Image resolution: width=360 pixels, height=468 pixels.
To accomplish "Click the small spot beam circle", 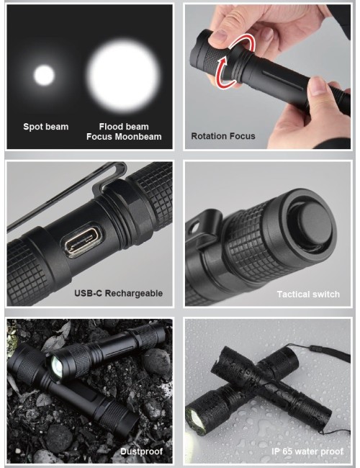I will (x=45, y=75).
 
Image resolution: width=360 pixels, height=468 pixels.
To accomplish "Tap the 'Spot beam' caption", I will (x=46, y=127).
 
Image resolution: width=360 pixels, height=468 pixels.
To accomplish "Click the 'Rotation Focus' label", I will (x=222, y=136).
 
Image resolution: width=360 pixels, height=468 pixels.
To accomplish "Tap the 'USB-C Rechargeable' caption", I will (x=118, y=293).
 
